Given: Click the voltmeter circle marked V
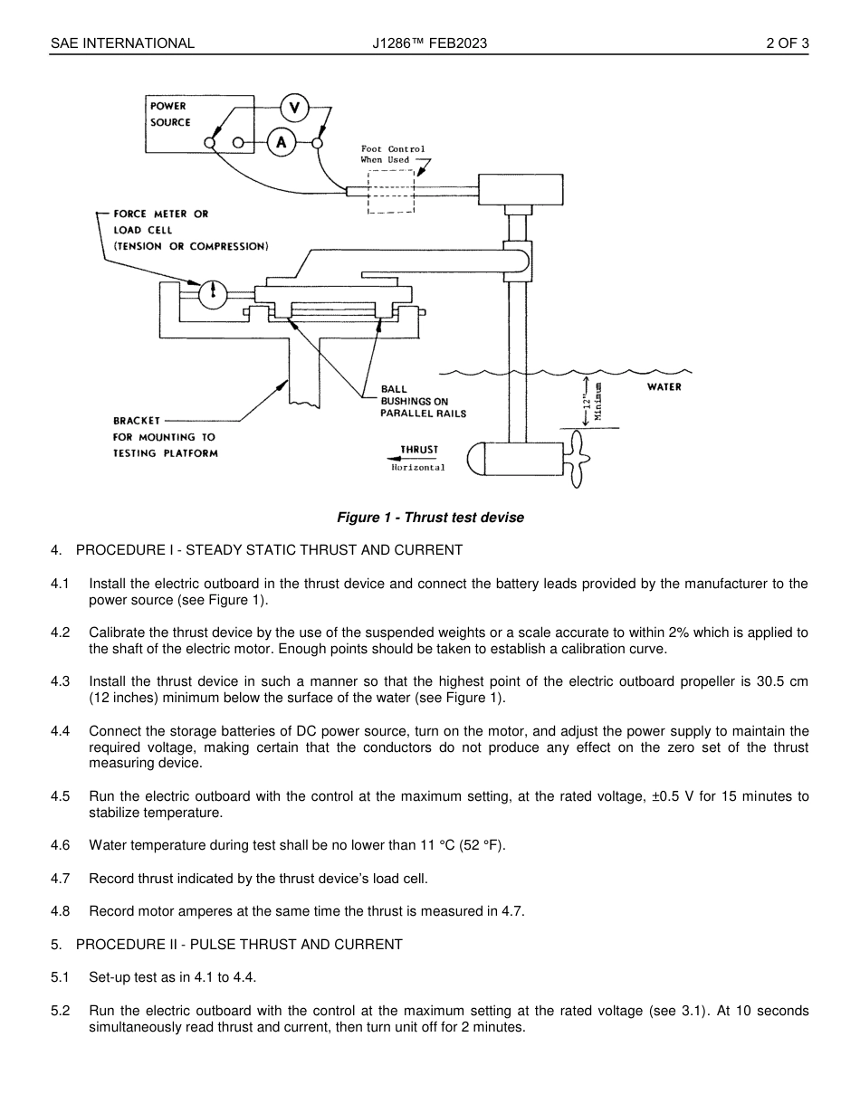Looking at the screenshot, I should [293, 108].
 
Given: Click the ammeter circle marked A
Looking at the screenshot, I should [282, 142].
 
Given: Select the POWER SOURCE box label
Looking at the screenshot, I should [170, 114].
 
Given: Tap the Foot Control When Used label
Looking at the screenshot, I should [392, 154].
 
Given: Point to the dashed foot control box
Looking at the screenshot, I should [391, 191].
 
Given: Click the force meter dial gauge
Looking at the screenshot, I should [213, 291].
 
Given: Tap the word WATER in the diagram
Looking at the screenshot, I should [664, 386].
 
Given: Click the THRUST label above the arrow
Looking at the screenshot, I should [419, 449].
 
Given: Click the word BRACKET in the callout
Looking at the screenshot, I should [137, 420].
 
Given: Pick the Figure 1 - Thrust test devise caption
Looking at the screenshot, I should [430, 518].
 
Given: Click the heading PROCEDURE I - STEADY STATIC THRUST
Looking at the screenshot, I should [269, 550].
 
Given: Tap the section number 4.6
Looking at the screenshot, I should [60, 845].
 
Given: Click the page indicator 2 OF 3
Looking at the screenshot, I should [787, 43].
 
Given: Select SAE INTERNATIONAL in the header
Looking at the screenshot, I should [122, 43].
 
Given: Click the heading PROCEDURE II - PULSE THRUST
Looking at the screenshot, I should [239, 945].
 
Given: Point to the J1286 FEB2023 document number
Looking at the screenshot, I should [429, 43].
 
